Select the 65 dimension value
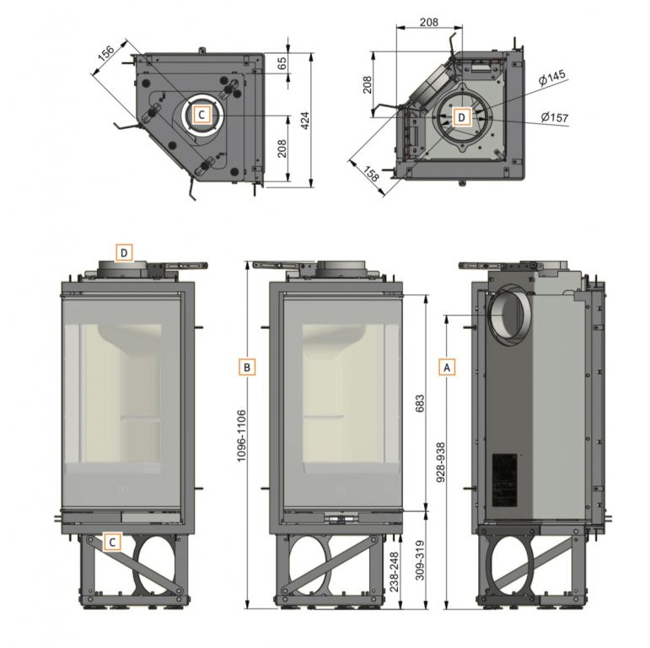pos(282,63)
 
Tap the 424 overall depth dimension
pos(304,121)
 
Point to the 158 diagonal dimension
pos(371,174)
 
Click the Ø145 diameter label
pos(552,78)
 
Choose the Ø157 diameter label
pos(555,117)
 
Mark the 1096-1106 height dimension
pos(242,436)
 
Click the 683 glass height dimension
pos(419,403)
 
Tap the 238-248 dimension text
pos(394,572)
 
